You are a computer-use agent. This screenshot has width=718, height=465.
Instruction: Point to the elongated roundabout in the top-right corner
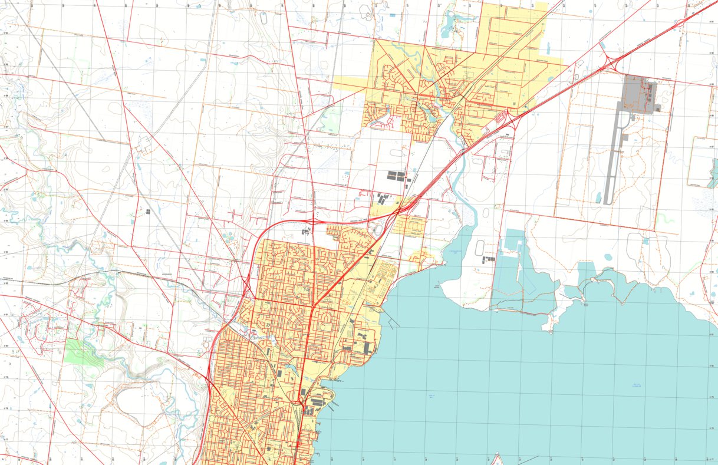[680, 23]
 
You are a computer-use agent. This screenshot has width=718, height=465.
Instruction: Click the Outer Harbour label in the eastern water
[636, 385]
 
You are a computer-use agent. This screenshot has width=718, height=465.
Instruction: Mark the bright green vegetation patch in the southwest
[81, 352]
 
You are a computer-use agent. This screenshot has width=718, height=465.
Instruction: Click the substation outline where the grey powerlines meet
[143, 143]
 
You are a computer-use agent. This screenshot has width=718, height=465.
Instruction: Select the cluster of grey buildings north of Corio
[397, 176]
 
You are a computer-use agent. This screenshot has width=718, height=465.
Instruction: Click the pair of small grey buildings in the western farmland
[147, 210]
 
